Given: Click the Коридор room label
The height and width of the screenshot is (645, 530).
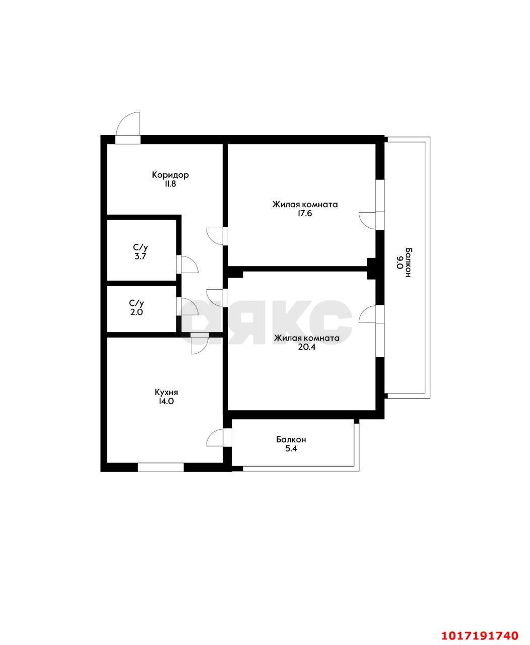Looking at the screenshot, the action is pyautogui.click(x=170, y=175).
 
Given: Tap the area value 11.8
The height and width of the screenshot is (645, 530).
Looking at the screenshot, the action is pyautogui.click(x=170, y=184).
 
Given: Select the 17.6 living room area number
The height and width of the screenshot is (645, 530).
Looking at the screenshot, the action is pyautogui.click(x=305, y=214).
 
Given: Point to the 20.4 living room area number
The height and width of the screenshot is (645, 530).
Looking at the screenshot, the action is pyautogui.click(x=306, y=347).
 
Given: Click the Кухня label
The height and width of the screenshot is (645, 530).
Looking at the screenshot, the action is pyautogui.click(x=166, y=392).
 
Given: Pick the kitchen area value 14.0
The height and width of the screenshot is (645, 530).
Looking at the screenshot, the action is pyautogui.click(x=166, y=401).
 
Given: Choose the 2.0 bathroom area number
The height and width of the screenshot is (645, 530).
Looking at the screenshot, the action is pyautogui.click(x=137, y=312).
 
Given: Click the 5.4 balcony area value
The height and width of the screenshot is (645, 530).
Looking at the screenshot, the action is pyautogui.click(x=291, y=448).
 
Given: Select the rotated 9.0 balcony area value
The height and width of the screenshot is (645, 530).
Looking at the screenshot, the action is pyautogui.click(x=400, y=263).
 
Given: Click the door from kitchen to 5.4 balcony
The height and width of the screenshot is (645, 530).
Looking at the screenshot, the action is pyautogui.click(x=215, y=438).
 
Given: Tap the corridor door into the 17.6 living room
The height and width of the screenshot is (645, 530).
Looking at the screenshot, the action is pyautogui.click(x=215, y=236).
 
